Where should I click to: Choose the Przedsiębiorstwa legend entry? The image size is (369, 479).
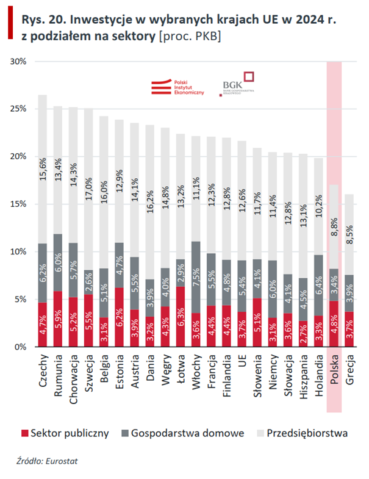[310, 433]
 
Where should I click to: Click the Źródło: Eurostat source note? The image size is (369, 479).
[43, 461]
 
